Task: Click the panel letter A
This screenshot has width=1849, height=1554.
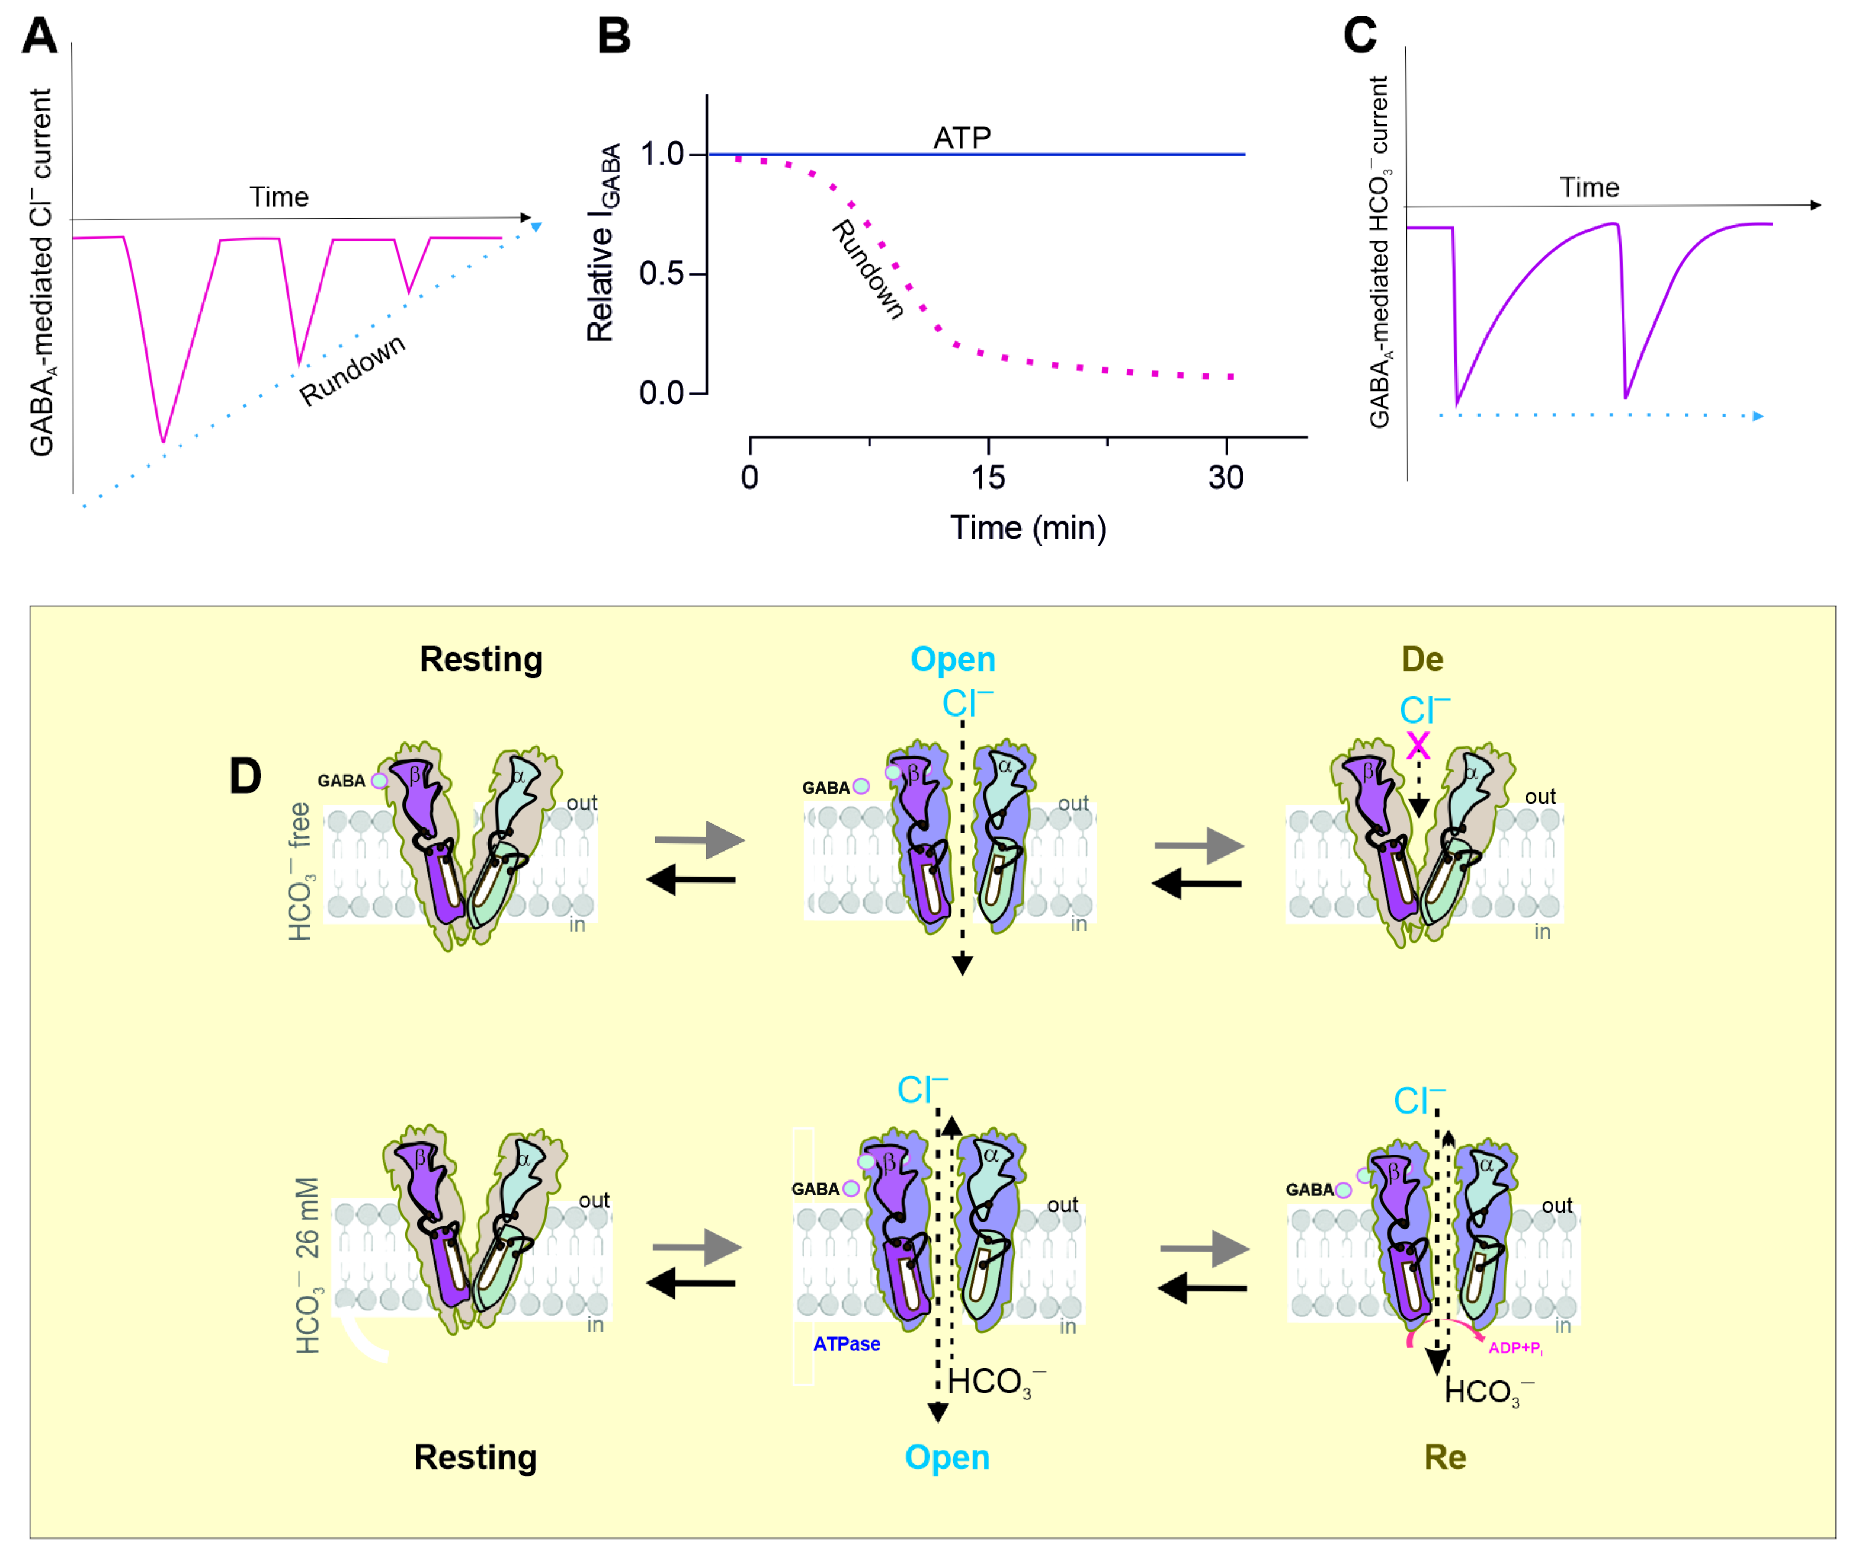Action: (x=40, y=36)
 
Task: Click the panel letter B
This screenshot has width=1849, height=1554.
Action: (x=614, y=37)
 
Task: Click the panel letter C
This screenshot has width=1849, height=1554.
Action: (x=1360, y=36)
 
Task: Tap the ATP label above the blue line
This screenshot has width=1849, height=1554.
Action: (x=962, y=138)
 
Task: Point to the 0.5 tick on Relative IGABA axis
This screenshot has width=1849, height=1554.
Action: (x=662, y=274)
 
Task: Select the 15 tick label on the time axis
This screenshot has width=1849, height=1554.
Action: (x=988, y=478)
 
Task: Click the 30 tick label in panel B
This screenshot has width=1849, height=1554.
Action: (x=1226, y=478)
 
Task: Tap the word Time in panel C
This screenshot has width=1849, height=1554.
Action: (x=1590, y=188)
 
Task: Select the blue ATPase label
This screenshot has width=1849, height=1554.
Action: (x=846, y=1344)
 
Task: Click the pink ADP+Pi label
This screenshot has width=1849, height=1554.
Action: (x=1514, y=1348)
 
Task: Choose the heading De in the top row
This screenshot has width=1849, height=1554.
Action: (x=1422, y=659)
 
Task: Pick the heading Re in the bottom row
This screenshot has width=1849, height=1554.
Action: (x=1445, y=1457)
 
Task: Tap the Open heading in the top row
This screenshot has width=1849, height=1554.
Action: (x=953, y=659)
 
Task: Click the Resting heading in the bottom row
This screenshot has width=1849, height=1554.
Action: (x=476, y=1457)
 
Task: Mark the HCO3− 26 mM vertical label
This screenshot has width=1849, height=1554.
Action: (x=306, y=1265)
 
